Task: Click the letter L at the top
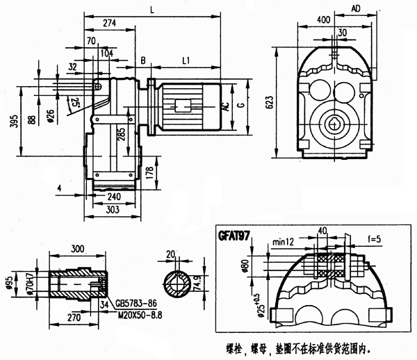152,8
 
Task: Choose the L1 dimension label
186,62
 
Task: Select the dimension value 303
113,208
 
